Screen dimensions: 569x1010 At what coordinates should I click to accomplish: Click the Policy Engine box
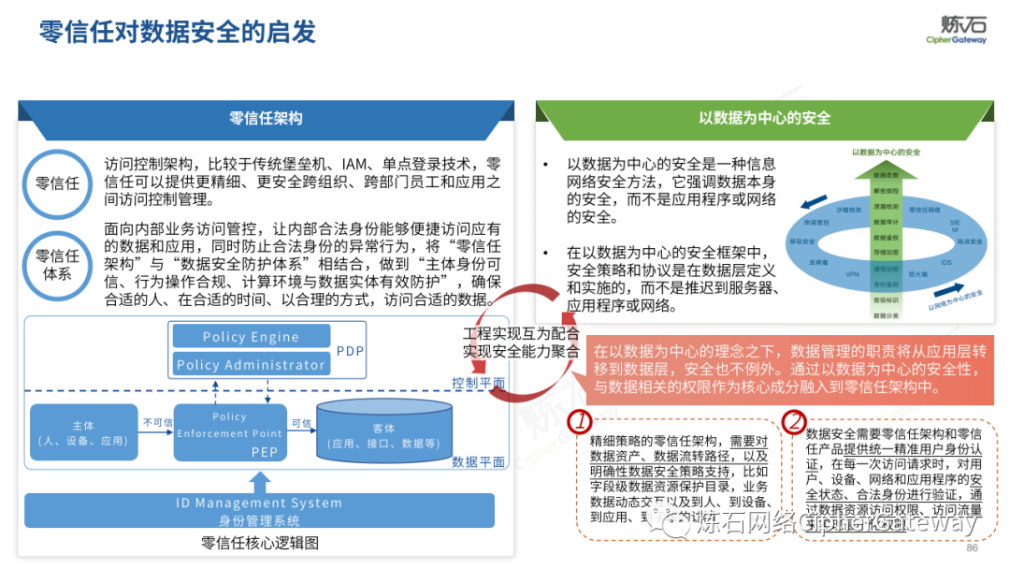pyautogui.click(x=251, y=337)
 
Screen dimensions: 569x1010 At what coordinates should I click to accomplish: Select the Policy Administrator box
pyautogui.click(x=251, y=365)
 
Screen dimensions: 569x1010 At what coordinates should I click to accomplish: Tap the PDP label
pyautogui.click(x=349, y=351)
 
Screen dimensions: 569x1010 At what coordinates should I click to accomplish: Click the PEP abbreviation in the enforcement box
pyautogui.click(x=265, y=451)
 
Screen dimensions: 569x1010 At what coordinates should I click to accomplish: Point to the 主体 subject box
pyautogui.click(x=82, y=433)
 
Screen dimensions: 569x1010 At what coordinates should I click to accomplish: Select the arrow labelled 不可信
pyautogui.click(x=157, y=431)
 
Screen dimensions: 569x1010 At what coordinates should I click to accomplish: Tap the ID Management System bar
pyautogui.click(x=259, y=509)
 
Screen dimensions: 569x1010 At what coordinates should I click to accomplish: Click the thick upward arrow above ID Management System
pyautogui.click(x=260, y=480)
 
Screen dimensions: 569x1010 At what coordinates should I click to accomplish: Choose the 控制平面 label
pyautogui.click(x=478, y=383)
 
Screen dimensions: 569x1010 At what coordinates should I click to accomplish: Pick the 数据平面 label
pyautogui.click(x=478, y=461)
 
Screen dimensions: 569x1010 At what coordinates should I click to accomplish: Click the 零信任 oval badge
pyautogui.click(x=58, y=182)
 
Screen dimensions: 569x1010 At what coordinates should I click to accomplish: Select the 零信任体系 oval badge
pyautogui.click(x=58, y=263)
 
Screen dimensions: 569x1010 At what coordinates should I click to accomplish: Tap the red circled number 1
pyautogui.click(x=581, y=420)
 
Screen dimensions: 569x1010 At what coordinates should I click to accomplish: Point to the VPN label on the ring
pyautogui.click(x=851, y=274)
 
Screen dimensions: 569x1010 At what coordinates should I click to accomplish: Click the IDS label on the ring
pyautogui.click(x=945, y=263)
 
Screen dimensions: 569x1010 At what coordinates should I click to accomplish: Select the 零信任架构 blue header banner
pyautogui.click(x=267, y=119)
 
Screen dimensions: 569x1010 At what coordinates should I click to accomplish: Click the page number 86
pyautogui.click(x=972, y=548)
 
